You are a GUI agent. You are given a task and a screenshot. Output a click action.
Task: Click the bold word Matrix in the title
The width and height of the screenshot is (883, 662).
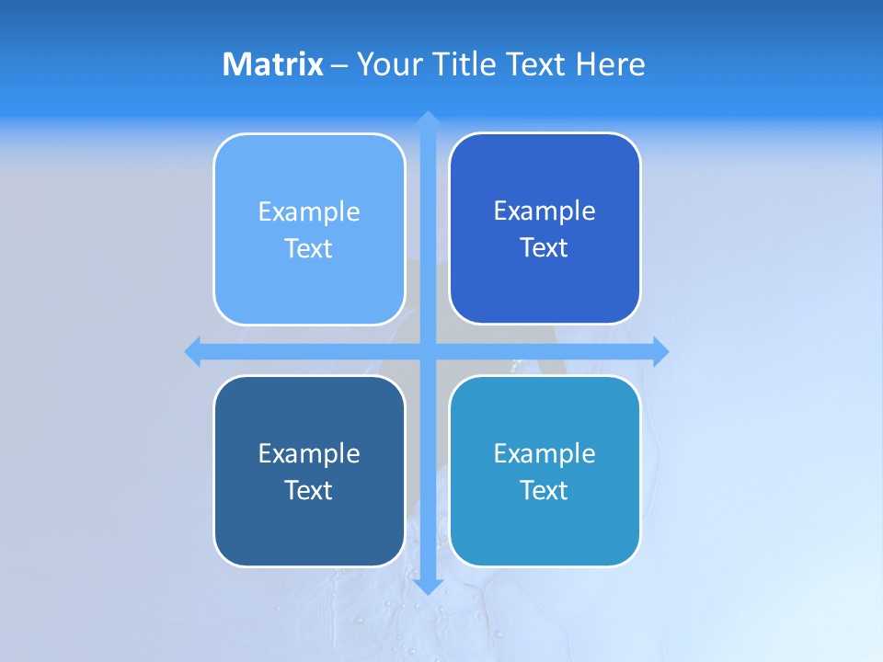pyautogui.click(x=272, y=64)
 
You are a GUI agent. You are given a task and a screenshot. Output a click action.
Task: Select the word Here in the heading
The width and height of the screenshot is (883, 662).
pyautogui.click(x=610, y=64)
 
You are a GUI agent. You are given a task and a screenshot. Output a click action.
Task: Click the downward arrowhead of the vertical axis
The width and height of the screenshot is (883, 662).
pyautogui.click(x=428, y=586)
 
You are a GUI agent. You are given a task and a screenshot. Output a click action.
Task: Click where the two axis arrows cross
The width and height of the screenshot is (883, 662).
pyautogui.click(x=428, y=351)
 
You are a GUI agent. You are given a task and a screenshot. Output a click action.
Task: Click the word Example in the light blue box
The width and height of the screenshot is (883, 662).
pyautogui.click(x=309, y=211)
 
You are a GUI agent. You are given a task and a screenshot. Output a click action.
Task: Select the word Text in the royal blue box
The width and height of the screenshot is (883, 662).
pyautogui.click(x=545, y=248)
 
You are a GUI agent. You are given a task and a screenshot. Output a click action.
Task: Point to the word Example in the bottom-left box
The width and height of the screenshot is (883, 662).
pyautogui.click(x=309, y=453)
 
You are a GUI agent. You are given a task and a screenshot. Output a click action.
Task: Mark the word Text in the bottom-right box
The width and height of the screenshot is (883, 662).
pyautogui.click(x=545, y=490)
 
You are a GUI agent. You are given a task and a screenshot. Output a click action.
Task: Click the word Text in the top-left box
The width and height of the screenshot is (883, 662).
pyautogui.click(x=309, y=248)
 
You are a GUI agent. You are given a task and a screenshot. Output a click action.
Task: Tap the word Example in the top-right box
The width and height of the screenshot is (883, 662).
pyautogui.click(x=545, y=211)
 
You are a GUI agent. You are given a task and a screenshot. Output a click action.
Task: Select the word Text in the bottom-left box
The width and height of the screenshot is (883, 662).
pyautogui.click(x=309, y=490)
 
